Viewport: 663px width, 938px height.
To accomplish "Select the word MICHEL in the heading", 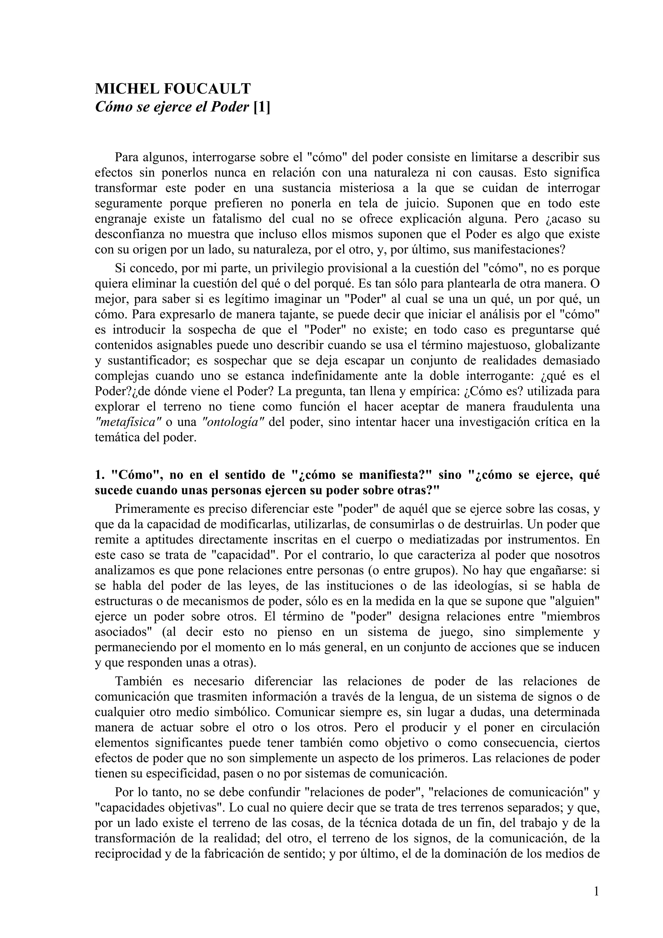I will tap(126, 89).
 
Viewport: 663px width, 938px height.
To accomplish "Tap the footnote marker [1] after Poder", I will tap(262, 107).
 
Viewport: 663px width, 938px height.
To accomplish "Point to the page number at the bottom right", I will tap(596, 891).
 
